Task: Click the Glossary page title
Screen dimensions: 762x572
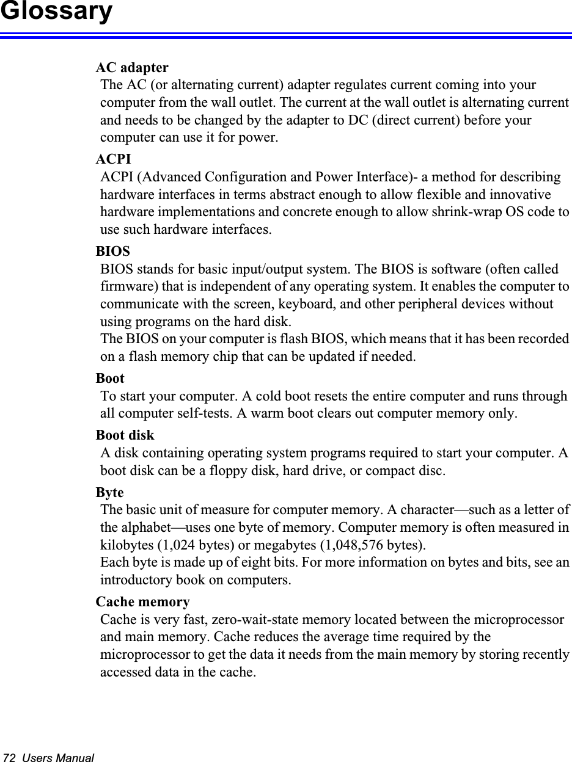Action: pyautogui.click(x=56, y=12)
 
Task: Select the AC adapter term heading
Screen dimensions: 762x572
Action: pyautogui.click(x=132, y=67)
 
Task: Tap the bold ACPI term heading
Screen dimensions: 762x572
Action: pyautogui.click(x=114, y=159)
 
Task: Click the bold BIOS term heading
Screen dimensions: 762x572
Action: pyautogui.click(x=113, y=251)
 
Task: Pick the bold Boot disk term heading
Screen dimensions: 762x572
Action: pyautogui.click(x=125, y=435)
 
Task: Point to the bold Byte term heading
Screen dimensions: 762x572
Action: pyautogui.click(x=110, y=492)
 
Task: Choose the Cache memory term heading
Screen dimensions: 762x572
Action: pyautogui.click(x=143, y=602)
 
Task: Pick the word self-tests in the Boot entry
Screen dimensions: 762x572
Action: pyautogui.click(x=197, y=414)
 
